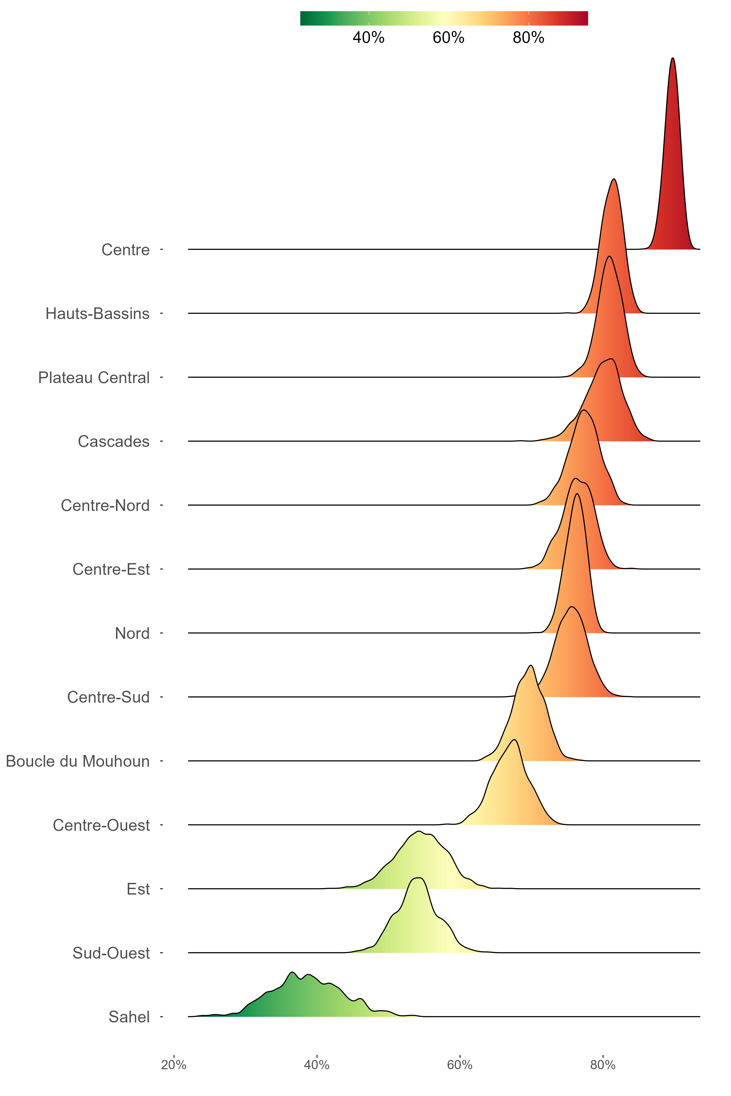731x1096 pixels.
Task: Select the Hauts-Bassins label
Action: pyautogui.click(x=97, y=314)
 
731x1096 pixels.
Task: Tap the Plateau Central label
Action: pyautogui.click(x=94, y=378)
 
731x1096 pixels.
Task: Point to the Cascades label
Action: pyautogui.click(x=114, y=441)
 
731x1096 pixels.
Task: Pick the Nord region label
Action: pyautogui.click(x=132, y=633)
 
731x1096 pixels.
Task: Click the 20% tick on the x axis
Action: pyautogui.click(x=174, y=1065)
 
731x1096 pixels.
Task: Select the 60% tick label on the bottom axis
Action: pyautogui.click(x=460, y=1065)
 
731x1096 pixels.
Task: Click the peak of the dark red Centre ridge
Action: pyautogui.click(x=672, y=60)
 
